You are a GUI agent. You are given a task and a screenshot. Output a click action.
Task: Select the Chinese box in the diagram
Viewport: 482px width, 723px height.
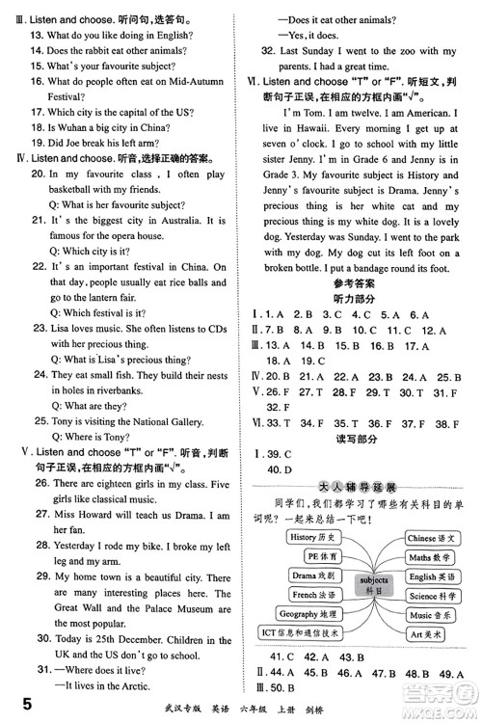click(434, 538)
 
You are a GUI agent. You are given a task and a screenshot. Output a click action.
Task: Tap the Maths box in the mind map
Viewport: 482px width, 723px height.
click(432, 557)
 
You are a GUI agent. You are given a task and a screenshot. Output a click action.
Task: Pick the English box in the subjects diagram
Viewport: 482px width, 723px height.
click(435, 576)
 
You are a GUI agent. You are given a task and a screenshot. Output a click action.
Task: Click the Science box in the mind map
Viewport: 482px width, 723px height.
click(434, 596)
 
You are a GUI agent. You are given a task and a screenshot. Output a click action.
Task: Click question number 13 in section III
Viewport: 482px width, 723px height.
click(38, 36)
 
